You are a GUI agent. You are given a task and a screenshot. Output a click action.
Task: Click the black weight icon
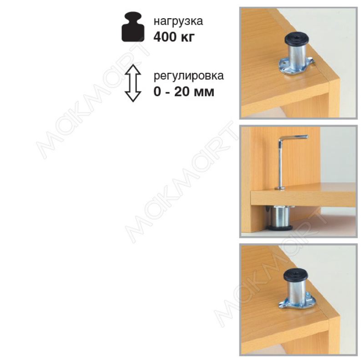(133, 27)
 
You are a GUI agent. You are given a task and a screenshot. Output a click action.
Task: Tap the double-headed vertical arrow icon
(133, 83)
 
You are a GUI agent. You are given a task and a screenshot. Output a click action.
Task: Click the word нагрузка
(178, 21)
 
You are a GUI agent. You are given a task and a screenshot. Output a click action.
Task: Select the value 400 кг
(174, 37)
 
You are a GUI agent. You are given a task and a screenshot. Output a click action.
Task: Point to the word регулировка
(188, 76)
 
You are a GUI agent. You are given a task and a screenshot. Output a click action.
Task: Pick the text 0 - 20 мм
(184, 91)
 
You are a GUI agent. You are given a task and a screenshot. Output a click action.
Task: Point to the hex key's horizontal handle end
(307, 137)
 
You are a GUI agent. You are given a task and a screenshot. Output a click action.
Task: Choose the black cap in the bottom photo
(293, 275)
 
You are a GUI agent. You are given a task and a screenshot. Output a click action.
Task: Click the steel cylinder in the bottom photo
(293, 293)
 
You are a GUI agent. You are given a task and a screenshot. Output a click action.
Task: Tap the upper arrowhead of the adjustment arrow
(133, 70)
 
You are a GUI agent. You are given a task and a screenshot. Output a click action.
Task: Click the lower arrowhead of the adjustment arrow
(133, 97)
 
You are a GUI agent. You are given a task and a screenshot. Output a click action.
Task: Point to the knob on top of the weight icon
(133, 17)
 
